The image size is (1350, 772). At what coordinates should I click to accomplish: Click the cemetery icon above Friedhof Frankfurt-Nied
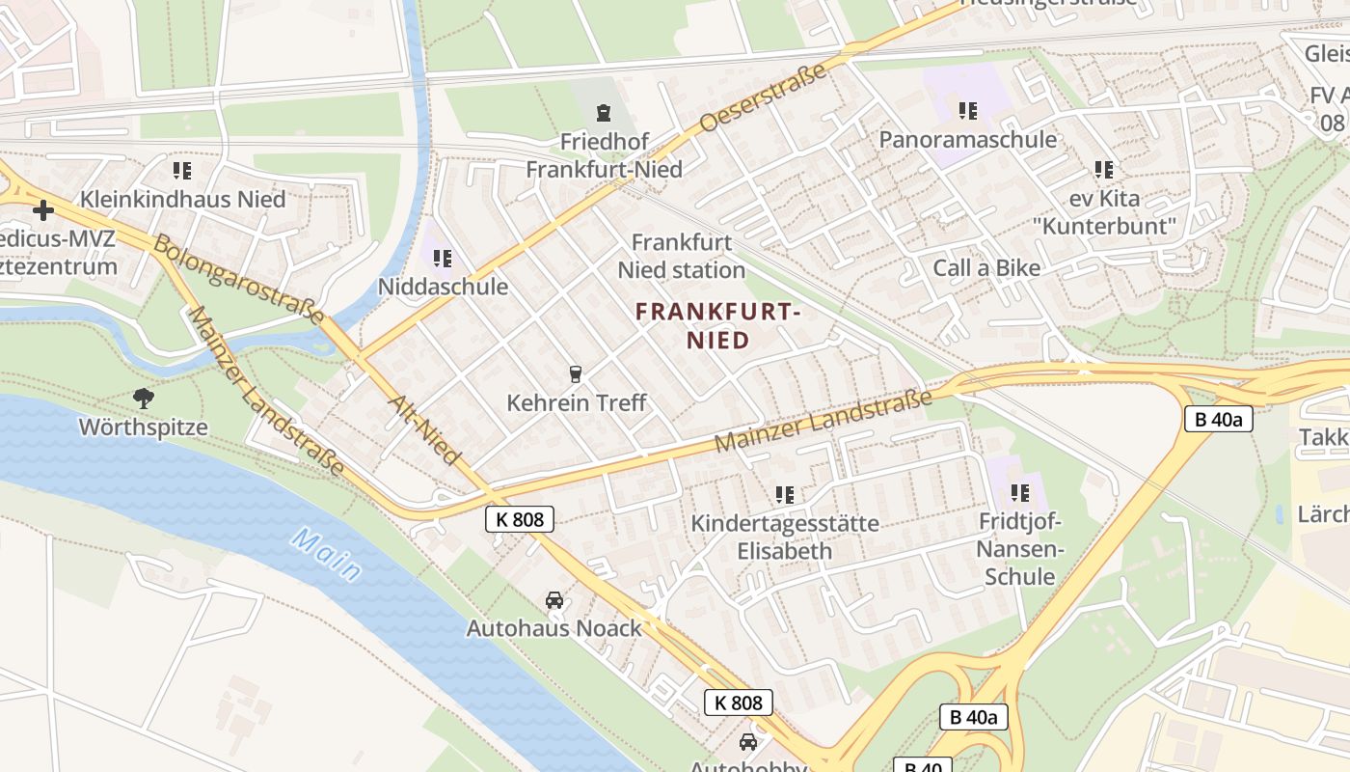click(x=604, y=113)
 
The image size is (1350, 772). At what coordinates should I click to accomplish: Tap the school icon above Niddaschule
click(x=443, y=259)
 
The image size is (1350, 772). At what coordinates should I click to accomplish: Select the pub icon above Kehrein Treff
click(x=576, y=374)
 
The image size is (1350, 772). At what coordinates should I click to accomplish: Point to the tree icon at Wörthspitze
click(x=144, y=398)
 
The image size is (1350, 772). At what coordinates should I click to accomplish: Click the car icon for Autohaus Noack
click(x=554, y=600)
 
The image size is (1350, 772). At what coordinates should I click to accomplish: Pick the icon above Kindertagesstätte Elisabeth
click(x=784, y=495)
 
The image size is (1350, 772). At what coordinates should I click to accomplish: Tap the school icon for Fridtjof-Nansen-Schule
click(x=1019, y=494)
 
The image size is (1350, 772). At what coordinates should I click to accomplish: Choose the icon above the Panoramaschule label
click(x=967, y=111)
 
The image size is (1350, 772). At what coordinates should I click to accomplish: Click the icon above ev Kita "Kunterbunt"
click(x=1104, y=170)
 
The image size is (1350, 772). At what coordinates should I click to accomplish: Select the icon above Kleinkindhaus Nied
click(x=182, y=171)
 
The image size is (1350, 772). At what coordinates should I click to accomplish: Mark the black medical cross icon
click(x=42, y=209)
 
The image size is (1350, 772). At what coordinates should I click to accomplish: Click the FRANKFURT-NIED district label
click(x=718, y=326)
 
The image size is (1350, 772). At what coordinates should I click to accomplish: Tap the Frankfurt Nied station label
click(x=682, y=256)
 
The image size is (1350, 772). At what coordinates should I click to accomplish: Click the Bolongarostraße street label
click(x=238, y=279)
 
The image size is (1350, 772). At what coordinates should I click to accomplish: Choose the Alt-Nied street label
click(x=424, y=429)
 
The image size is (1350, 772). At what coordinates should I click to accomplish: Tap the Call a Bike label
click(x=986, y=267)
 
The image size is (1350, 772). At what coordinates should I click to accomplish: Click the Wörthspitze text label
click(x=143, y=427)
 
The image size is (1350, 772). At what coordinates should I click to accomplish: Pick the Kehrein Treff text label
click(x=577, y=402)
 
